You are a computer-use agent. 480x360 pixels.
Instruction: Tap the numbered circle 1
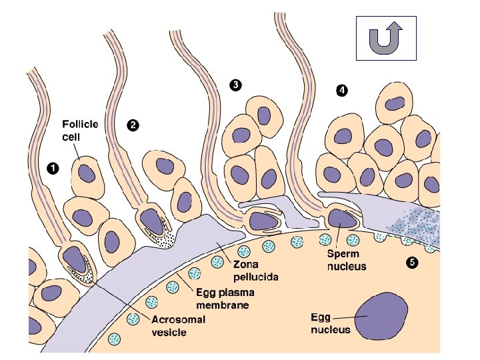point(52,169)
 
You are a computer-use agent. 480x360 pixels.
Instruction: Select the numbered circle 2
point(133,124)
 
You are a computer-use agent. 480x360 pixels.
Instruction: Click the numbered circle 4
point(341,89)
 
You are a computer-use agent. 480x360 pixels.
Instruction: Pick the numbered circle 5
point(411,262)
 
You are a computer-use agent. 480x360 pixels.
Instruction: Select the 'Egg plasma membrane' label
point(215,299)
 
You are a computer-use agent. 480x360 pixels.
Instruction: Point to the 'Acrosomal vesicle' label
point(178,325)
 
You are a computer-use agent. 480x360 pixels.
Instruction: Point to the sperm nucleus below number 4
point(341,219)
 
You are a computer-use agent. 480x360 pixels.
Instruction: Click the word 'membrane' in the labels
point(208,305)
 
